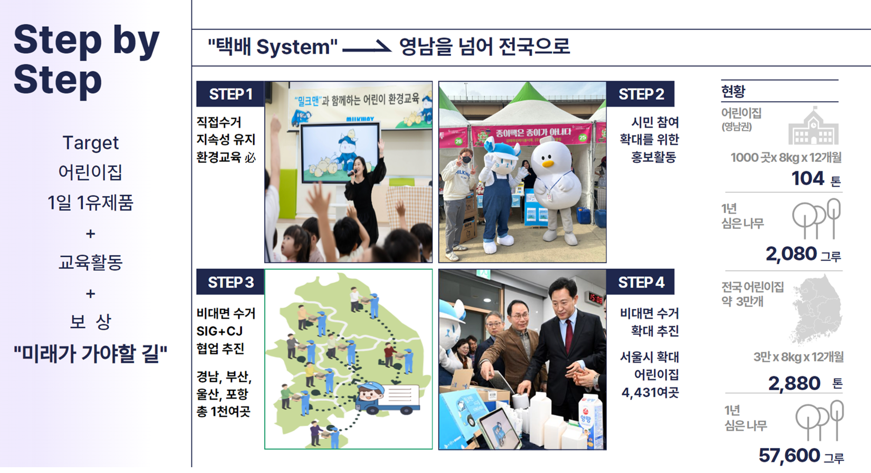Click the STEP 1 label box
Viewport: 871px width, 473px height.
point(230,94)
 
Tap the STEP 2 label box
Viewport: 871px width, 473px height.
point(640,94)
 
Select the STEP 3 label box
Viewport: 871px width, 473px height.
point(230,282)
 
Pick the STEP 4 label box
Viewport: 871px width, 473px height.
point(640,282)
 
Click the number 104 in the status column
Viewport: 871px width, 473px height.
point(808,178)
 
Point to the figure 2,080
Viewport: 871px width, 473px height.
point(791,254)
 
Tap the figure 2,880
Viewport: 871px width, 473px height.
point(794,383)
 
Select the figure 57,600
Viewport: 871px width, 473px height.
point(789,455)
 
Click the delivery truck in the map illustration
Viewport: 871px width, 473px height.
point(387,398)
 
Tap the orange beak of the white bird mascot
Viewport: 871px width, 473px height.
point(548,163)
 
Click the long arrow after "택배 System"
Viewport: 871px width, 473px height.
point(366,48)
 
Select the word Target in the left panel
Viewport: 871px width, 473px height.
point(91,143)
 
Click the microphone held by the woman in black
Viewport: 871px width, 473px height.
point(352,173)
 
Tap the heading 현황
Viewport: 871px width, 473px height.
point(733,92)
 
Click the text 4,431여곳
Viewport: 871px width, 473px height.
point(650,392)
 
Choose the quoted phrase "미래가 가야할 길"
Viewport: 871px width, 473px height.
point(91,353)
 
